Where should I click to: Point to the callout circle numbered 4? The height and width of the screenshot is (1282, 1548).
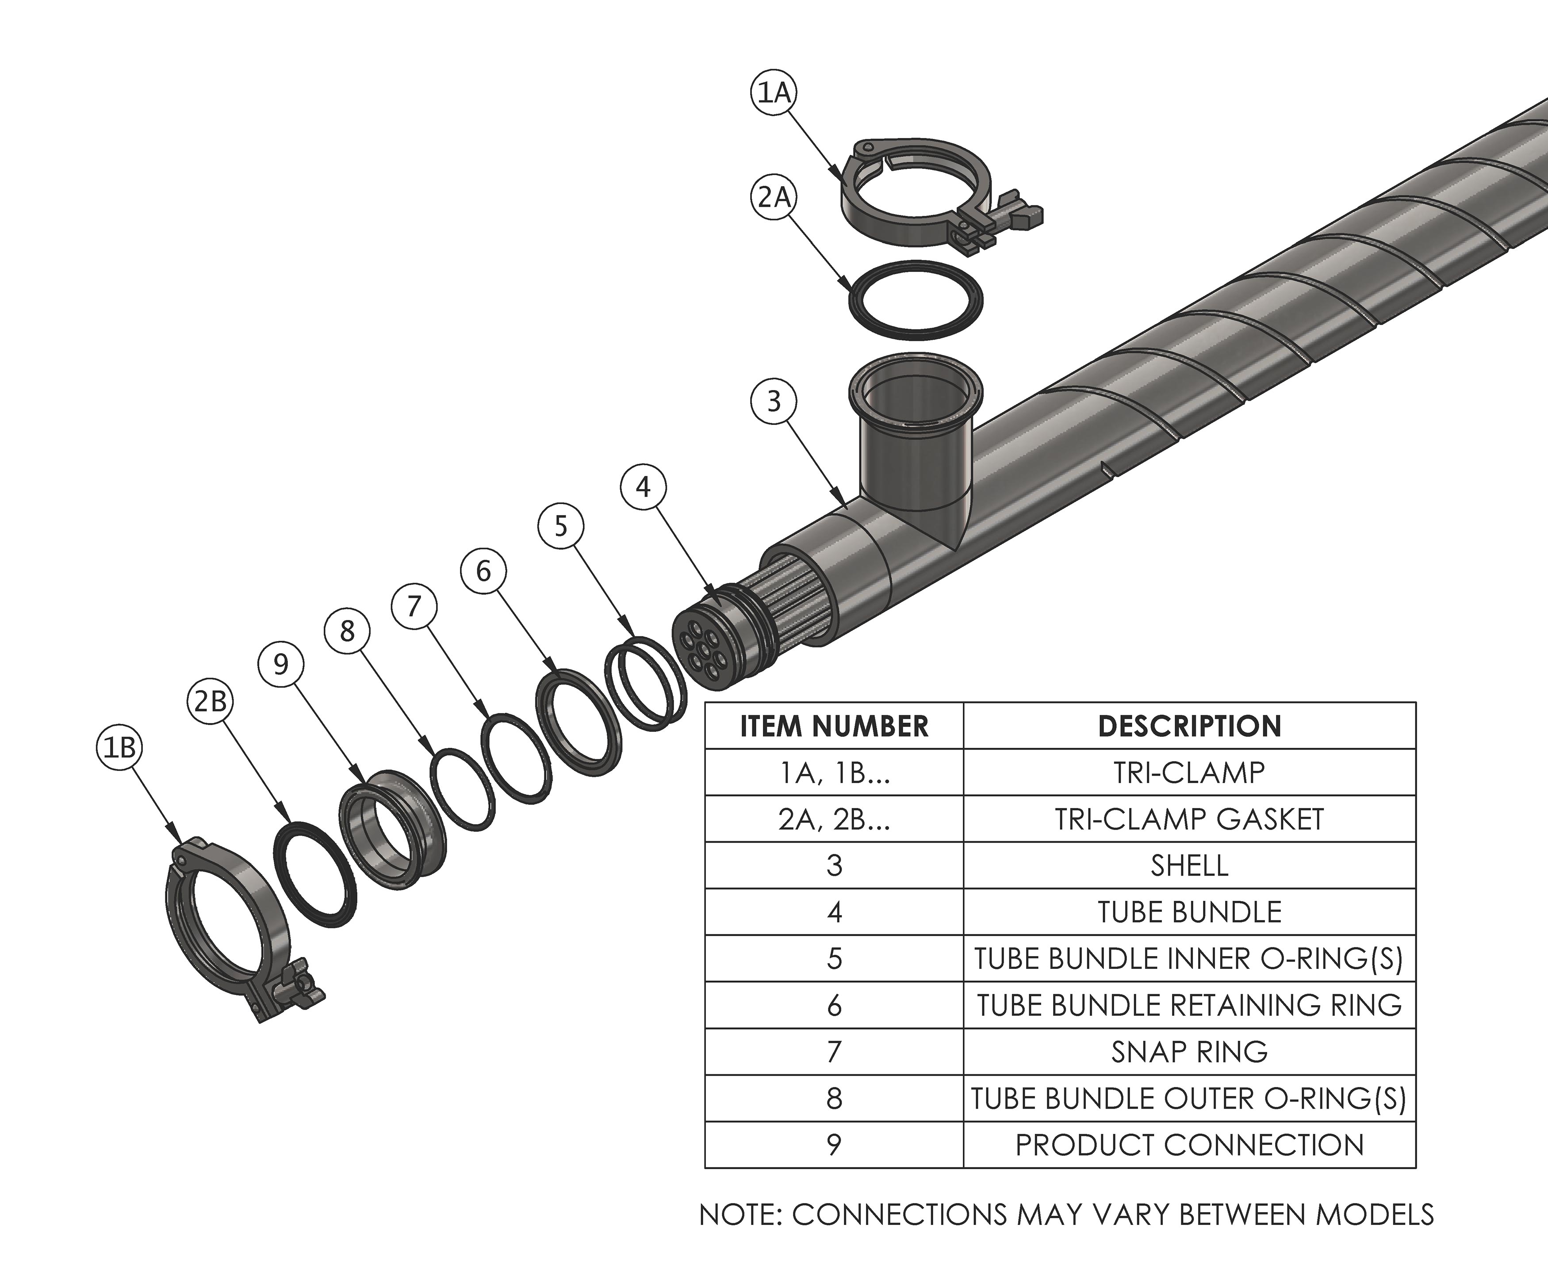[644, 487]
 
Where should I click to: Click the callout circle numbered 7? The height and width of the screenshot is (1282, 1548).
[414, 606]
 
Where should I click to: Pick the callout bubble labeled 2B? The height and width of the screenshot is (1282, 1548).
[210, 701]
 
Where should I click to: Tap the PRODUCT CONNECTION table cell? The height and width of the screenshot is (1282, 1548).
[1189, 1145]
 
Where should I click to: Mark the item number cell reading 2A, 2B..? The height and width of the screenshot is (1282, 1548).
[834, 819]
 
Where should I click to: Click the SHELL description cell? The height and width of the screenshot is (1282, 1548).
[1189, 865]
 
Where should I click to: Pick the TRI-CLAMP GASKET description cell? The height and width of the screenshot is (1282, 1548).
[1189, 819]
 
